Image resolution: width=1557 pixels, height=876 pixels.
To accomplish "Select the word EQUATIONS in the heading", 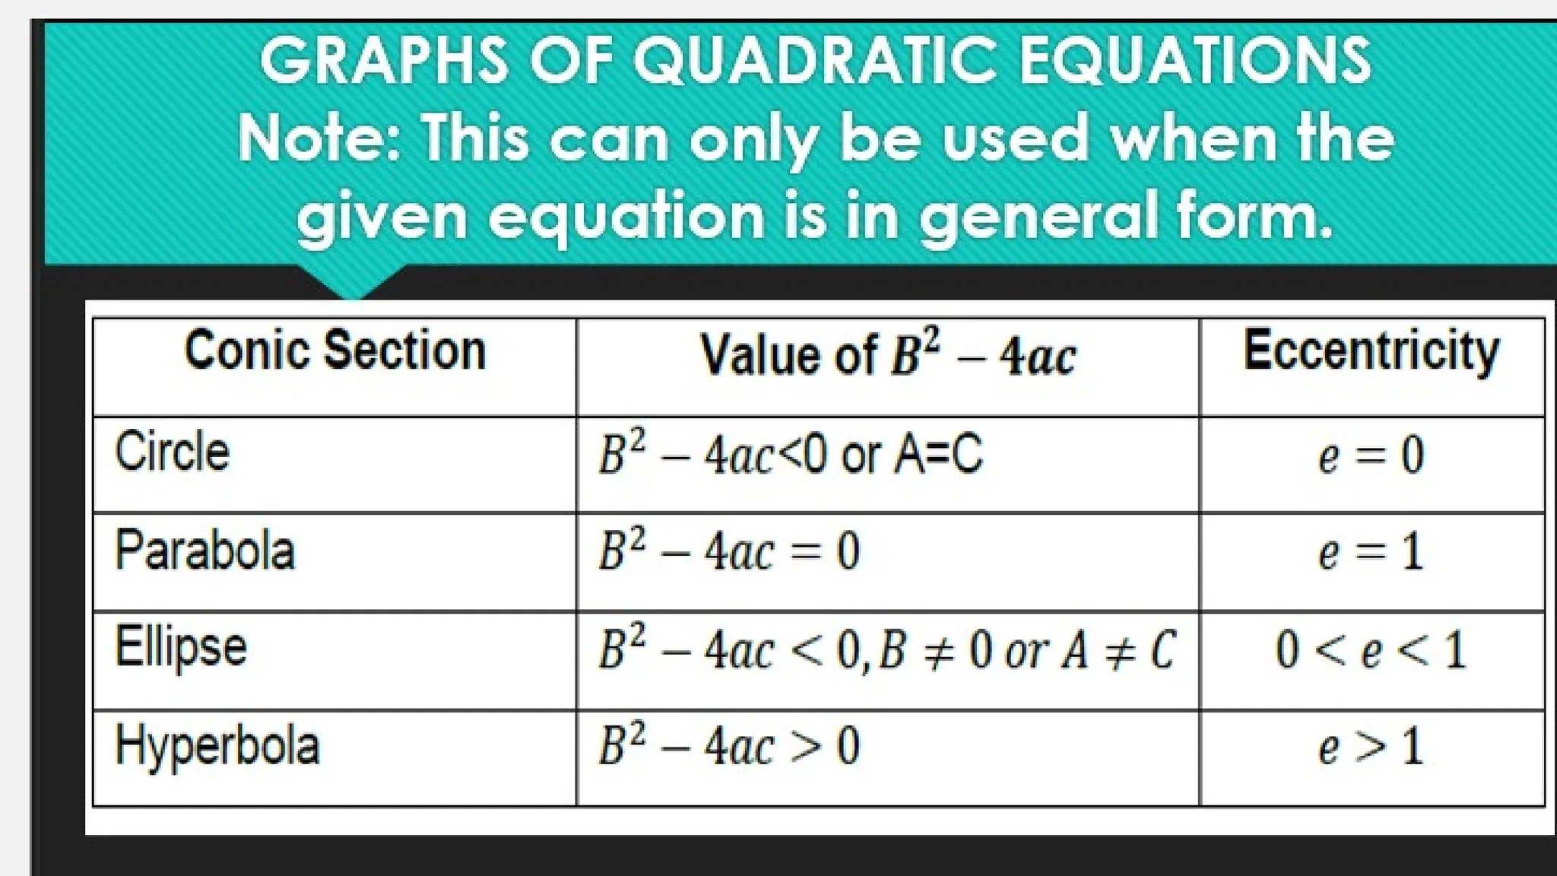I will coord(1194,61).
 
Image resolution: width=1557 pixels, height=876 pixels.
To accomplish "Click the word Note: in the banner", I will coord(320,138).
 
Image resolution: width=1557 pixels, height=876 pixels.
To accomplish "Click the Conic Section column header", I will coord(335,351).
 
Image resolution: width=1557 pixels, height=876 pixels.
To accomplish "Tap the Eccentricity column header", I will coord(1371,351).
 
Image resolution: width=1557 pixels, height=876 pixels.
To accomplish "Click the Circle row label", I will coord(172,452).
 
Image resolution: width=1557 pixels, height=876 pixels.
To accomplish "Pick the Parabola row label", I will coord(205,550).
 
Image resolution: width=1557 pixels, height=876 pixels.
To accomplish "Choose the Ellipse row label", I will coord(181,648).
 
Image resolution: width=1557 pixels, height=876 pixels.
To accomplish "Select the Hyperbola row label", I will coord(217,746).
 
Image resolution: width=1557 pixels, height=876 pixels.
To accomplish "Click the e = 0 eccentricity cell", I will coord(1371,456).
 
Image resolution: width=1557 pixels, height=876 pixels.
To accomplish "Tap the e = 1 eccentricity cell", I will coord(1371,553).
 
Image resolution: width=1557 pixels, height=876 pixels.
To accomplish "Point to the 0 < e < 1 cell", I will coord(1371,651).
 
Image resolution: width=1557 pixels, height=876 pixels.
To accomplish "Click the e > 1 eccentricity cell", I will coord(1371,747).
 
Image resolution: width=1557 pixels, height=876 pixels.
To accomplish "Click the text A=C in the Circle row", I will coord(938,455).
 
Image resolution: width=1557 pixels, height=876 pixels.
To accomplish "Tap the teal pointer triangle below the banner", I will coord(352,281).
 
